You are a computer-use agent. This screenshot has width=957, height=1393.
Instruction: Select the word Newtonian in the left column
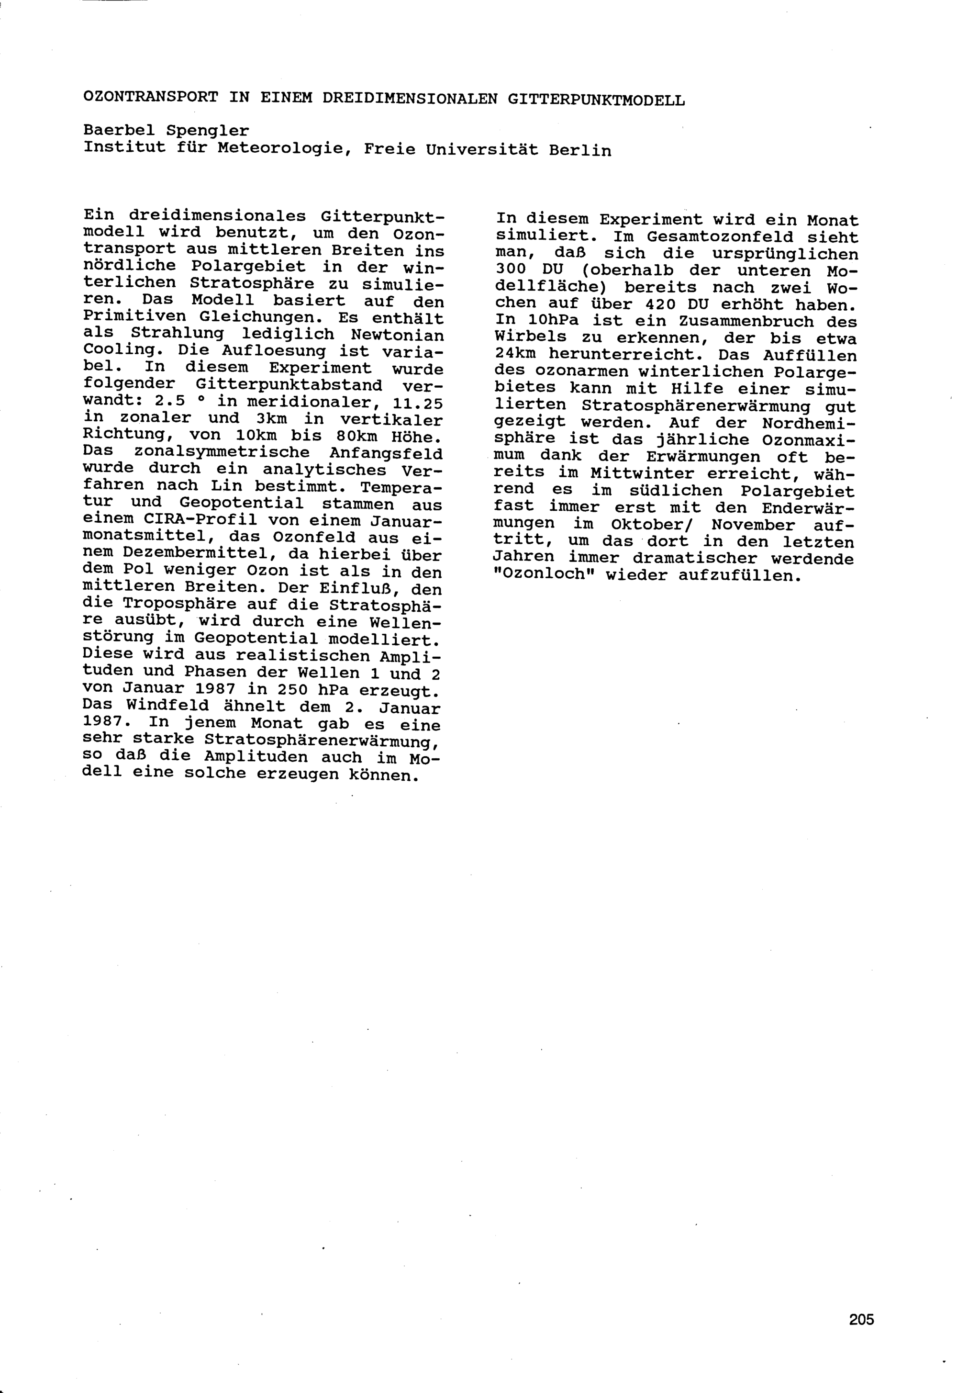coord(398,335)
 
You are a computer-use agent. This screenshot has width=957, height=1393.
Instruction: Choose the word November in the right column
coord(753,524)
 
